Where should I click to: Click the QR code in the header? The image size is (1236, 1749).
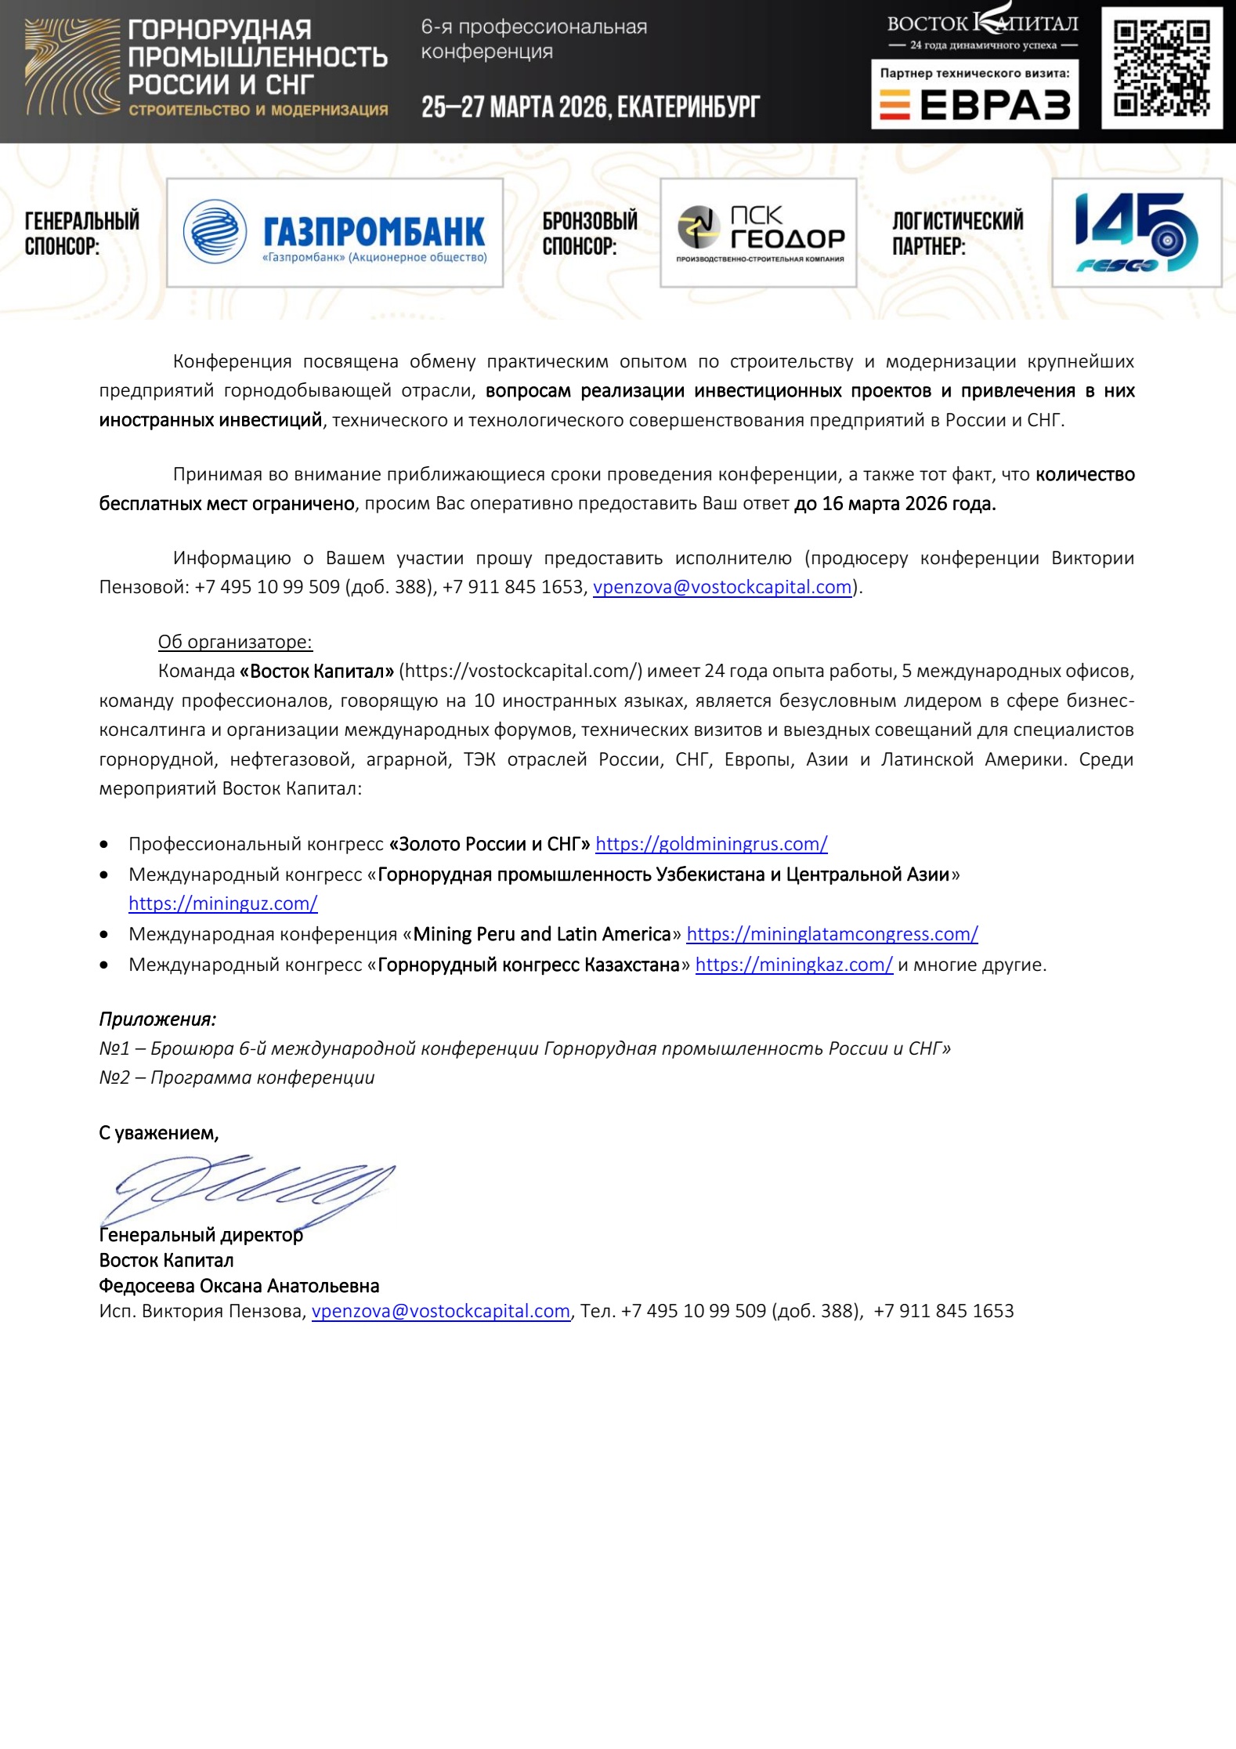click(x=1162, y=68)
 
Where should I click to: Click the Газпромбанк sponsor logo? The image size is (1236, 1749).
click(x=334, y=233)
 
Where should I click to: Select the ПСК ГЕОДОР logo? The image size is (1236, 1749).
click(x=758, y=233)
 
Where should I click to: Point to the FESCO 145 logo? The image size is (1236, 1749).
click(x=1136, y=233)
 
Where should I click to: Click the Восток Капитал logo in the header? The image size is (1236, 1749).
click(x=982, y=30)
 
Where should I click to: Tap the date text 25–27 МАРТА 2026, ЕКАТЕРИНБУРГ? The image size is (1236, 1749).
click(x=591, y=107)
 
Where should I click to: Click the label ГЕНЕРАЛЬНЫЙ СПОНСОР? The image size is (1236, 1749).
click(x=82, y=233)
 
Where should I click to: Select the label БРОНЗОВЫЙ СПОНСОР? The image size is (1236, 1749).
click(x=590, y=233)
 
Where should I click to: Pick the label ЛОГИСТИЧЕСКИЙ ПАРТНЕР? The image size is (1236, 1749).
click(x=957, y=233)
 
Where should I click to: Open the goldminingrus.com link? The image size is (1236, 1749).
click(x=711, y=844)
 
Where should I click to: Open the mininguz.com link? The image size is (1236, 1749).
click(x=223, y=903)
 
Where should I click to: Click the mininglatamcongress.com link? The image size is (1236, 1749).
click(x=832, y=934)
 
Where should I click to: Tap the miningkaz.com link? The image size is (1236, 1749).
click(x=793, y=965)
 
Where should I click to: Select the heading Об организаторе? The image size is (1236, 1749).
click(x=235, y=642)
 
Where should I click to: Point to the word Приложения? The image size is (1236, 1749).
click(x=157, y=1019)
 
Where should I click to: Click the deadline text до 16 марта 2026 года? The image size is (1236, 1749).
click(x=894, y=504)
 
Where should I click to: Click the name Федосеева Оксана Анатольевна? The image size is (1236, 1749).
click(x=239, y=1286)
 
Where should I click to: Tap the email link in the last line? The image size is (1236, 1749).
click(x=440, y=1312)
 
